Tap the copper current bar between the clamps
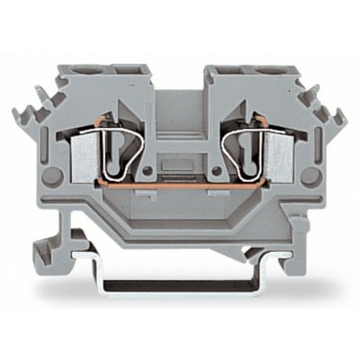180,190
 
